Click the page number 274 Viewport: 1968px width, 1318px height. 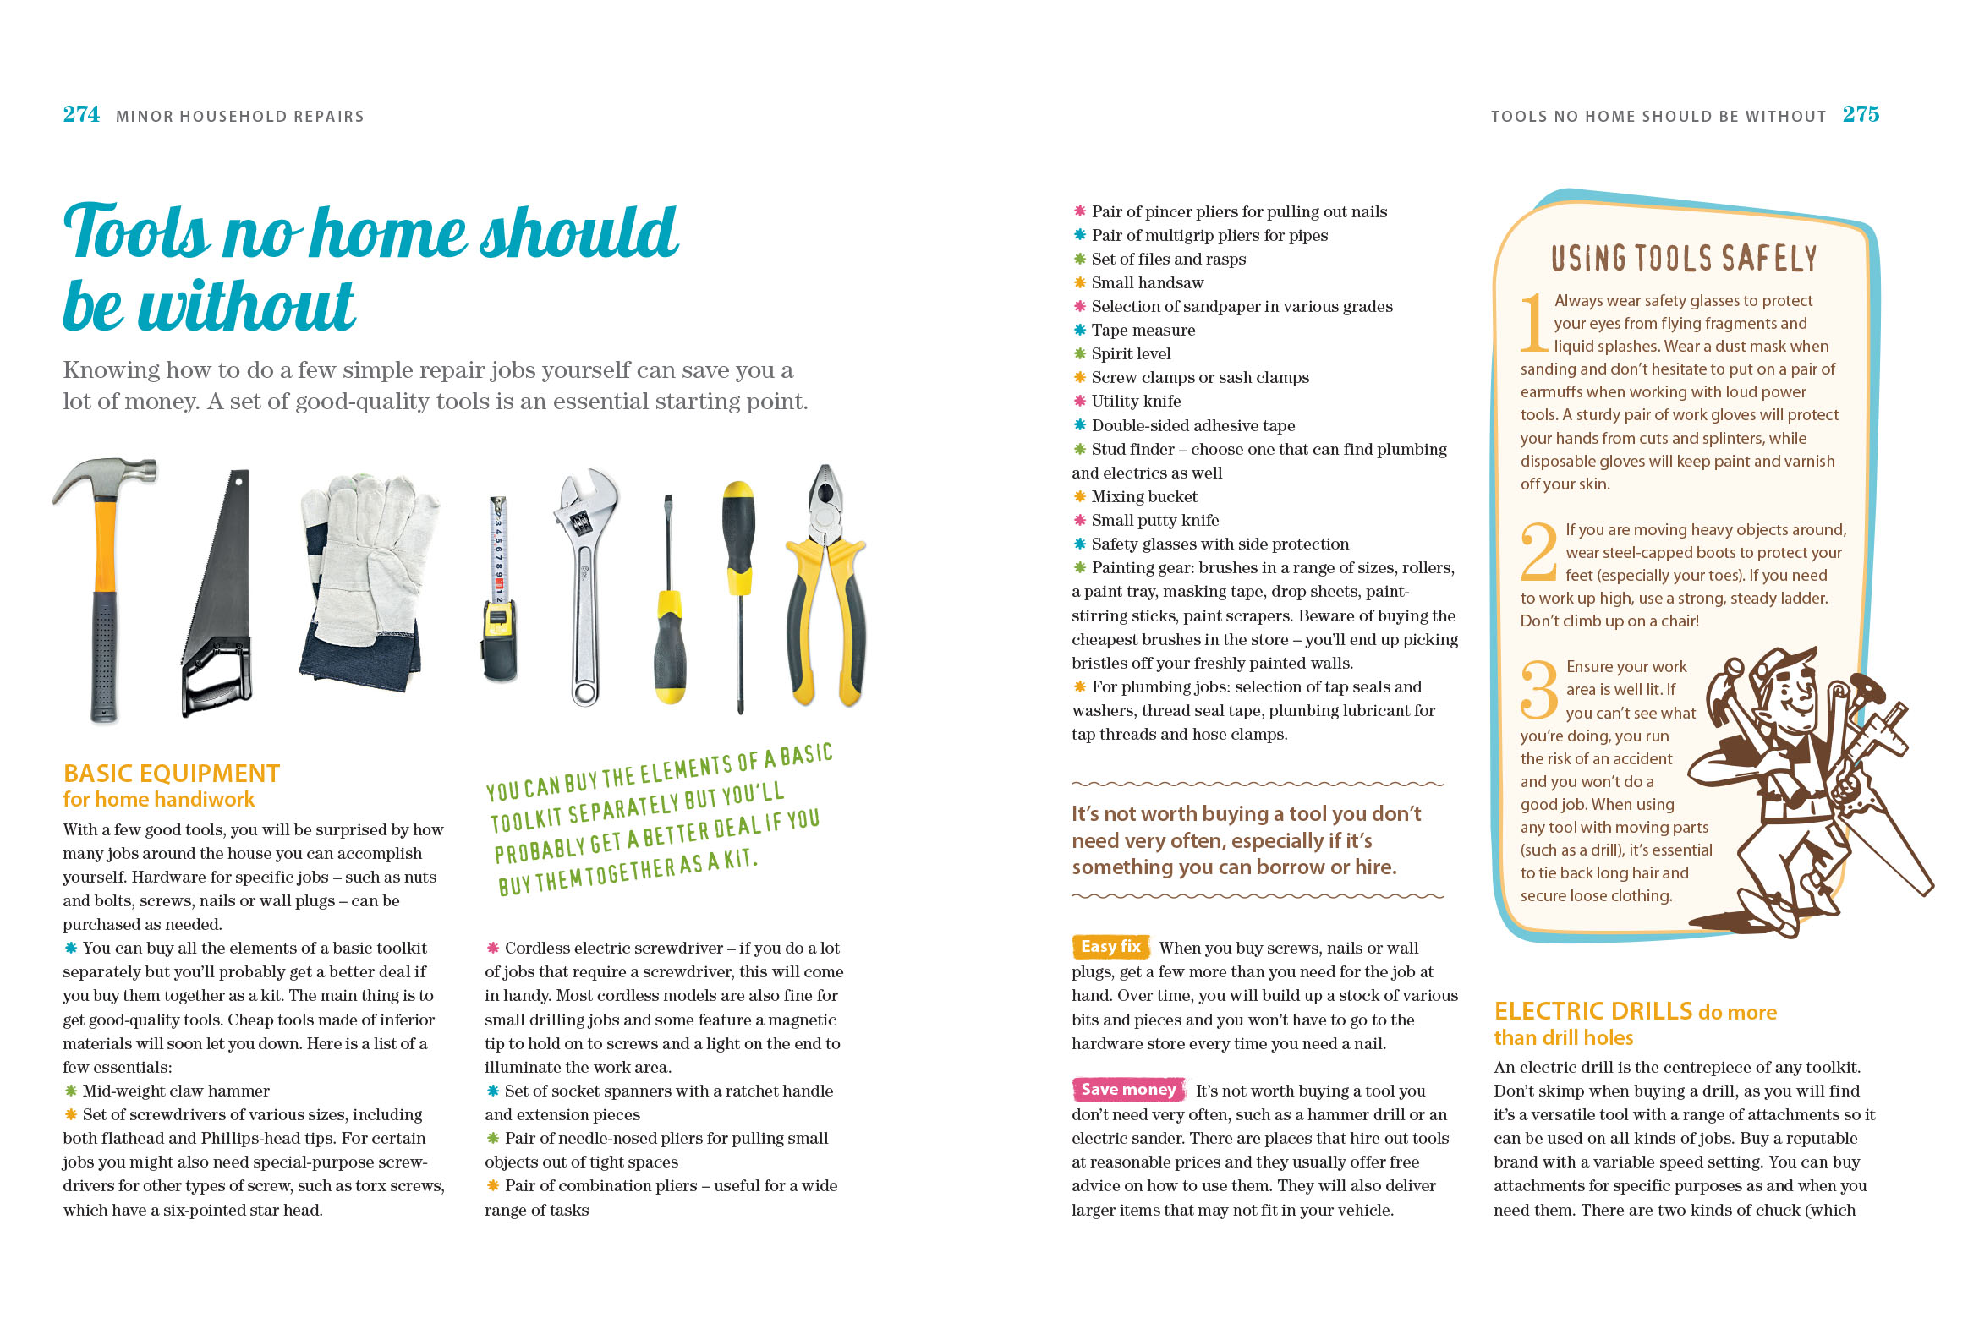point(81,114)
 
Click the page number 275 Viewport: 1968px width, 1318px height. point(1861,114)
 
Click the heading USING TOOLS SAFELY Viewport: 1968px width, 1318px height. point(1683,258)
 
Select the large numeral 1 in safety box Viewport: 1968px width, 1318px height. point(1534,323)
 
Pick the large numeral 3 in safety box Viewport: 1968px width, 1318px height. point(1539,689)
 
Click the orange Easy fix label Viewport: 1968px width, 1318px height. point(1110,947)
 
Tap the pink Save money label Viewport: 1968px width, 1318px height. point(1128,1090)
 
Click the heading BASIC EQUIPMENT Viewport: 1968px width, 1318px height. point(172,774)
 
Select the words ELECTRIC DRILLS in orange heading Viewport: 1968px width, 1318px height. point(1592,1011)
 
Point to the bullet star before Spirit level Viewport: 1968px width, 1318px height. point(1080,353)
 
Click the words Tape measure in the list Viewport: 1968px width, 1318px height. point(1143,330)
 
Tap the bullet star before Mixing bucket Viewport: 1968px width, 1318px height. point(1080,496)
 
